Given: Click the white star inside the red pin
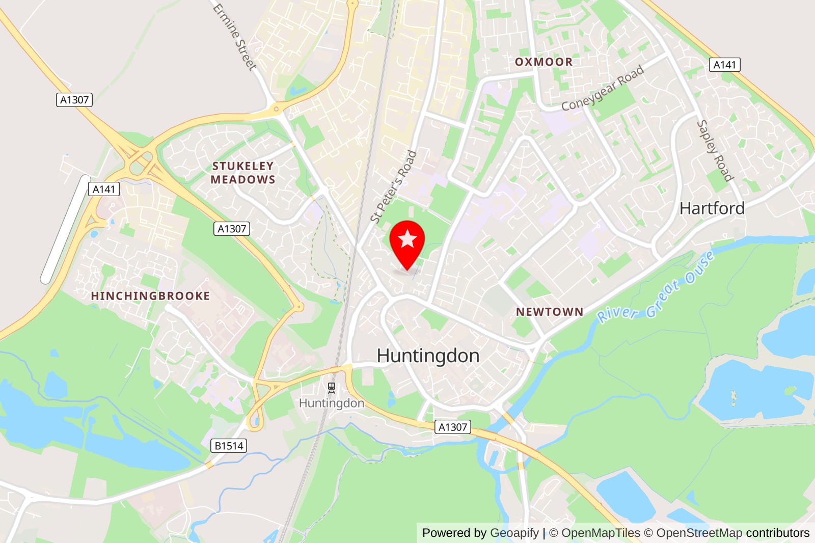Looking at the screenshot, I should [x=407, y=238].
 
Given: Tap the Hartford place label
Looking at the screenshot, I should [x=712, y=208].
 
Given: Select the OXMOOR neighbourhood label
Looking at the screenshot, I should [x=544, y=62].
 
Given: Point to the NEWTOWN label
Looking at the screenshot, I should [x=550, y=312].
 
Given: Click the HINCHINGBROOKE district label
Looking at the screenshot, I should [x=150, y=296].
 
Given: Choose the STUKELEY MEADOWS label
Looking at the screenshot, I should [x=243, y=173].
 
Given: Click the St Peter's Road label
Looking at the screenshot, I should [x=394, y=186].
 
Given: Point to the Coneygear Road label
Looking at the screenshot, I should [x=602, y=88].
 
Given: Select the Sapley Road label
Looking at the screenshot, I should [x=715, y=150].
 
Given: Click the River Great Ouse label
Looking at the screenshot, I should [x=655, y=289].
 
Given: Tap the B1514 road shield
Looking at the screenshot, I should [x=229, y=446].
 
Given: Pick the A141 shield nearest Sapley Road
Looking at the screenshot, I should [x=724, y=65].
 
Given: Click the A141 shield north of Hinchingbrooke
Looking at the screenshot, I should [x=104, y=189].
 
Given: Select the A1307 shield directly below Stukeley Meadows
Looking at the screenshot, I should [x=232, y=229].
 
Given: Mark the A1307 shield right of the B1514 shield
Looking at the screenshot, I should [x=453, y=427].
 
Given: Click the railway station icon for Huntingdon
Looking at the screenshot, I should [x=332, y=389].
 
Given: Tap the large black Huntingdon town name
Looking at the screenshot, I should [x=428, y=356].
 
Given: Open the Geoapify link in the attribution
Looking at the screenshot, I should [x=514, y=533].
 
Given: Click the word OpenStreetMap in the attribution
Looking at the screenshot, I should [x=699, y=533].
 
